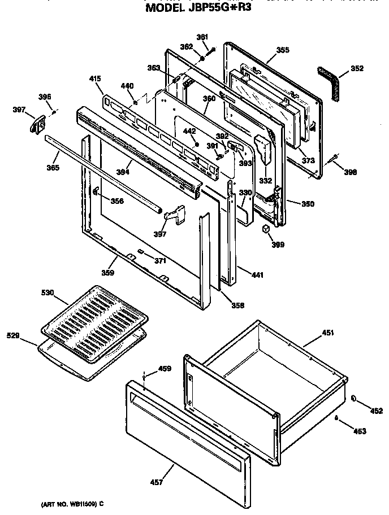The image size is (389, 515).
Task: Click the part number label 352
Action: pyautogui.click(x=357, y=69)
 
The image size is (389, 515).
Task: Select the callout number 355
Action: pyautogui.click(x=283, y=50)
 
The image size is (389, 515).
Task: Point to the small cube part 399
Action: pyautogui.click(x=265, y=229)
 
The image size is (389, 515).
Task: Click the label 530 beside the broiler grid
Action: pyautogui.click(x=47, y=293)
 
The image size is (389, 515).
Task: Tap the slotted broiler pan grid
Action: pyautogui.click(x=94, y=322)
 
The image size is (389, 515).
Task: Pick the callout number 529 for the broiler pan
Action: pyautogui.click(x=13, y=336)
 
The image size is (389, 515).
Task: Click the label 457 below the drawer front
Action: pyautogui.click(x=157, y=482)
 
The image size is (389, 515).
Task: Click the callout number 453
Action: pyautogui.click(x=359, y=431)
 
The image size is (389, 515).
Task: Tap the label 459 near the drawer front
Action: pyautogui.click(x=164, y=369)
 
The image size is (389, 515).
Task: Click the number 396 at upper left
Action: pyautogui.click(x=45, y=97)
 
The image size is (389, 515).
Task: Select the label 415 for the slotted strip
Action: pyautogui.click(x=96, y=80)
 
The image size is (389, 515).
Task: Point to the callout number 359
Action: pyautogui.click(x=108, y=273)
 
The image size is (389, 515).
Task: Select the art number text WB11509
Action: pyautogui.click(x=73, y=503)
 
